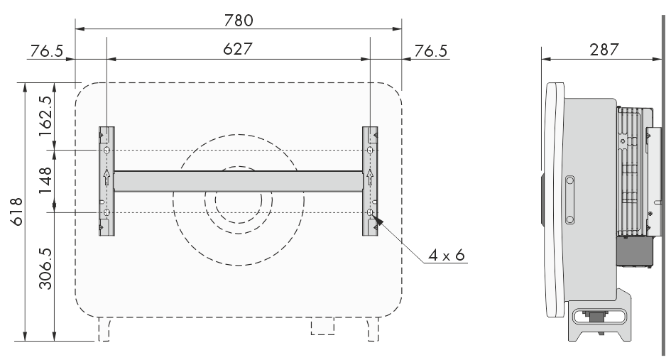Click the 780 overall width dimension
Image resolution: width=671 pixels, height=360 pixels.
pyautogui.click(x=239, y=21)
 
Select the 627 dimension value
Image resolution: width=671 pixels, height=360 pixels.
pyautogui.click(x=237, y=49)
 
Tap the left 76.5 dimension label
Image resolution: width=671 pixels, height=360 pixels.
pyautogui.click(x=46, y=51)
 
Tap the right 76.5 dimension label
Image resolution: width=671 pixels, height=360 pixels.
pyautogui.click(x=430, y=51)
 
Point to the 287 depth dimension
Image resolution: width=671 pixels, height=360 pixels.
pyautogui.click(x=604, y=50)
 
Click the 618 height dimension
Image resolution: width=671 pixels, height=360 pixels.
pyautogui.click(x=17, y=212)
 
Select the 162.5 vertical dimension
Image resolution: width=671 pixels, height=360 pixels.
pyautogui.click(x=45, y=116)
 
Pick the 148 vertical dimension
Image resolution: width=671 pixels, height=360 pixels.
pyautogui.click(x=45, y=180)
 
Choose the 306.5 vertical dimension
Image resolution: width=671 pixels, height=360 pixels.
pyautogui.click(x=45, y=268)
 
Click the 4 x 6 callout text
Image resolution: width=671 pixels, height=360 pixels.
pyautogui.click(x=447, y=256)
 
